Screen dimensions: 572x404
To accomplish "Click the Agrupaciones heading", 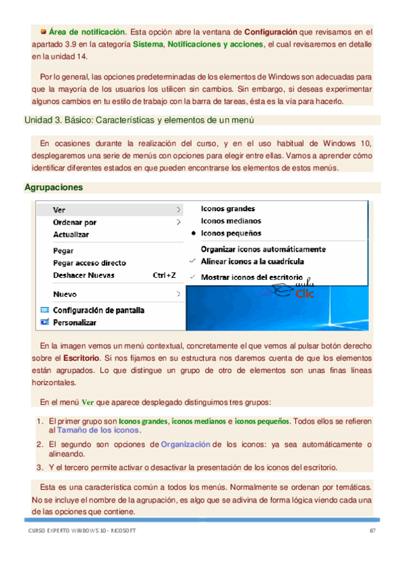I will pyautogui.click(x=53, y=187).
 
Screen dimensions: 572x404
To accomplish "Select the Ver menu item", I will pyautogui.click(x=59, y=210).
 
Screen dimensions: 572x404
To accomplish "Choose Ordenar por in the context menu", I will pyautogui.click(x=75, y=222).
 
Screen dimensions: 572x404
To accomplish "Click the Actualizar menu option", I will pyautogui.click(x=71, y=235).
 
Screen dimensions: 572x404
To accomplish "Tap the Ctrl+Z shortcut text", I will pyautogui.click(x=164, y=275).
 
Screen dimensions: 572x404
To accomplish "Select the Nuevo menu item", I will pyautogui.click(x=65, y=294).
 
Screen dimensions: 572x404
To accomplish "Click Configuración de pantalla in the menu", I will pyautogui.click(x=98, y=311).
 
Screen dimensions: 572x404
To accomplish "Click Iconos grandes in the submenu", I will pyautogui.click(x=228, y=209).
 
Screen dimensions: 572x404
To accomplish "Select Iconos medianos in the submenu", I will pyautogui.click(x=231, y=221).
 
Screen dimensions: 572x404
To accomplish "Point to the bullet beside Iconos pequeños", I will pyautogui.click(x=194, y=233).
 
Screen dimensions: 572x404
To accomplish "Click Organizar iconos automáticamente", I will pyautogui.click(x=263, y=249).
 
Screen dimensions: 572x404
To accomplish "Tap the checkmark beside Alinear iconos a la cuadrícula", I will pyautogui.click(x=194, y=261).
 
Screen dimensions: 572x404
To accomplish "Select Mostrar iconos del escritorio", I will pyautogui.click(x=252, y=277).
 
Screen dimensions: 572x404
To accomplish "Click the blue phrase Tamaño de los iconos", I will pyautogui.click(x=98, y=430).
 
